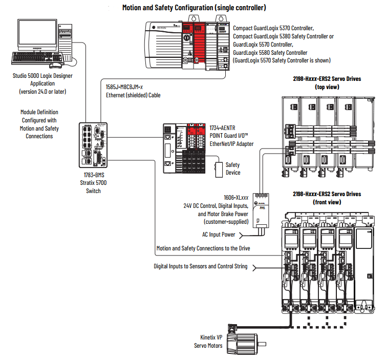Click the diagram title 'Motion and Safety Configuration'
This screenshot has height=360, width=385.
pyautogui.click(x=194, y=8)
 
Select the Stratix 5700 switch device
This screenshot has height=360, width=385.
pyautogui.click(x=92, y=145)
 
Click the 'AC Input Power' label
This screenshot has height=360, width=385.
pyautogui.click(x=219, y=235)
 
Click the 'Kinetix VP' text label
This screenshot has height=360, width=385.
pyautogui.click(x=211, y=337)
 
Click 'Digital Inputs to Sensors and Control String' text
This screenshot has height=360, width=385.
pyautogui.click(x=201, y=266)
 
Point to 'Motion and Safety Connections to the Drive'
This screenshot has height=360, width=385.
pyautogui.click(x=203, y=248)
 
